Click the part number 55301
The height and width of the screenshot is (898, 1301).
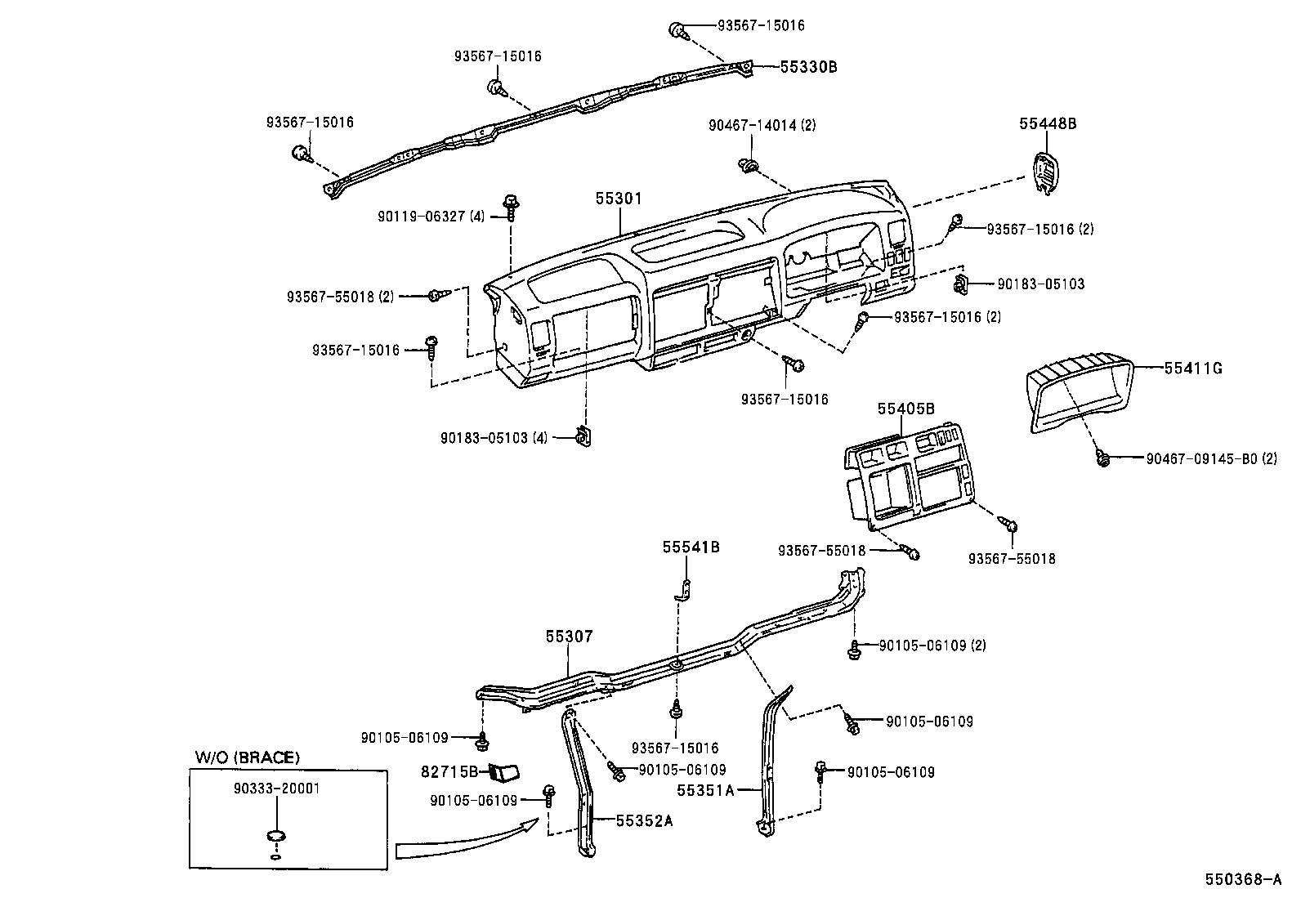pos(619,199)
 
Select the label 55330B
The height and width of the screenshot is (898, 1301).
pos(808,68)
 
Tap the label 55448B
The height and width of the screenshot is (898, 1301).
pos(1048,124)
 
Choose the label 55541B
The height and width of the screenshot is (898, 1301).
pos(691,547)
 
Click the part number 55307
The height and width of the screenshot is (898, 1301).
pos(570,636)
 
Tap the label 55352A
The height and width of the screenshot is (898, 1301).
pos(644,821)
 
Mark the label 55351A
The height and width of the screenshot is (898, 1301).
pos(705,790)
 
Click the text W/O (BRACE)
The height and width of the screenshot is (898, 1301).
pos(247,757)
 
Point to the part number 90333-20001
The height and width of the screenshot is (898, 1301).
pos(276,789)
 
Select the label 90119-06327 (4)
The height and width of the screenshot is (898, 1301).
pos(431,217)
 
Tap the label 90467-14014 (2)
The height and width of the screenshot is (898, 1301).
pos(762,125)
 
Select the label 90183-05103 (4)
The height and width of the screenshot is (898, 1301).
pos(494,438)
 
